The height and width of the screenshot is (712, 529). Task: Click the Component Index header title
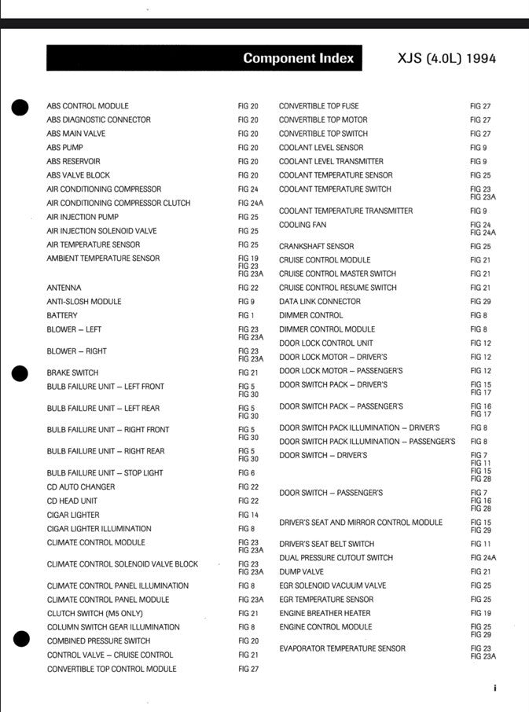[x=298, y=58]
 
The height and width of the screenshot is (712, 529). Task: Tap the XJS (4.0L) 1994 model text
[x=447, y=58]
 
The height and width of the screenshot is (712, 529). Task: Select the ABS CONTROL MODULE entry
[x=87, y=106]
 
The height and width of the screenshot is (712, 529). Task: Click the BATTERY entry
[x=62, y=315]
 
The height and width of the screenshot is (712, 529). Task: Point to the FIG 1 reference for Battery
[x=246, y=315]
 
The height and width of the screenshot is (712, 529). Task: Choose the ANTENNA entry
[x=64, y=288]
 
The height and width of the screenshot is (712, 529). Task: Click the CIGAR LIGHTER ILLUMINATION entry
[x=99, y=529]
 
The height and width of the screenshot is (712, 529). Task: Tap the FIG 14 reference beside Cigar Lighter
[x=248, y=515]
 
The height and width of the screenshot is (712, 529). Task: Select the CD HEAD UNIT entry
[x=72, y=501]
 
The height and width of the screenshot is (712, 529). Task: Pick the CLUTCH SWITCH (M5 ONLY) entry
[x=95, y=613]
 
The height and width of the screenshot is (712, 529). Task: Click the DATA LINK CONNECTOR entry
[x=320, y=302]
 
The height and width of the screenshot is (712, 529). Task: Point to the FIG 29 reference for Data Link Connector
[x=480, y=302]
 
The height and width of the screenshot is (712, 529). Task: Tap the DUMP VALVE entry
[x=301, y=571]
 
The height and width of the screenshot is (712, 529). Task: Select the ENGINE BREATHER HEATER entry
[x=325, y=613]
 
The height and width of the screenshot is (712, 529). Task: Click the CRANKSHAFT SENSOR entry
[x=316, y=246]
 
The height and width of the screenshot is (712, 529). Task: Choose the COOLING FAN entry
[x=303, y=225]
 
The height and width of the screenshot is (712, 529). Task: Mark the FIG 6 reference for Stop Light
[x=246, y=473]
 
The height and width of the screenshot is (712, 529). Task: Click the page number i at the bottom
[x=495, y=688]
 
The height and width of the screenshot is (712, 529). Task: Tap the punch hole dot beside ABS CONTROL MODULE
[x=21, y=108]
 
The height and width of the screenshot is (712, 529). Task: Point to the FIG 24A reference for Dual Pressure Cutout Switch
[x=483, y=557]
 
